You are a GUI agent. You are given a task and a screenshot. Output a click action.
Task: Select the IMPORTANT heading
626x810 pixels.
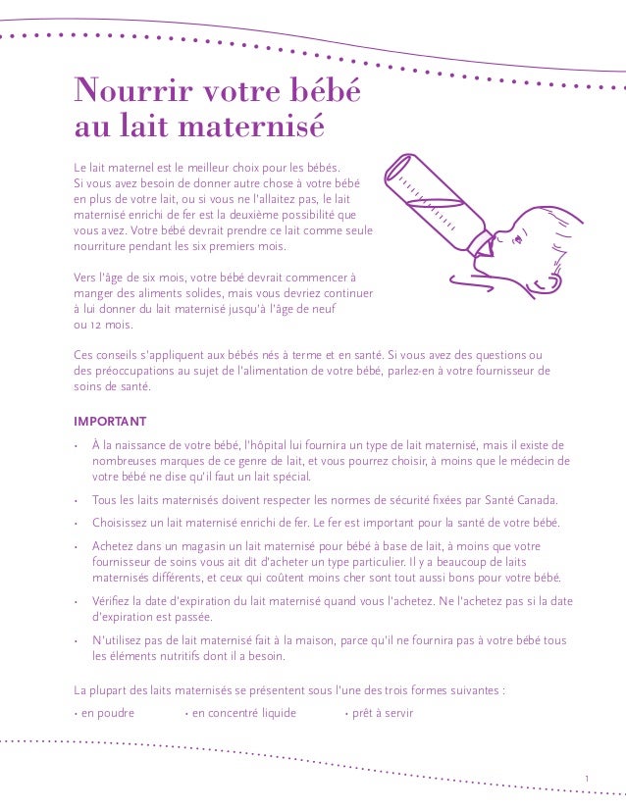[x=110, y=422]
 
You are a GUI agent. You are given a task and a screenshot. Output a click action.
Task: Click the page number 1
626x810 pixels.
[x=585, y=780]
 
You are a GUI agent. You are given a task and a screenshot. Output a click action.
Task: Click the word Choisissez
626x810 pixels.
[x=126, y=522]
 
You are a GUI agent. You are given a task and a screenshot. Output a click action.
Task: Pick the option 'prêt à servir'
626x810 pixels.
[x=379, y=713]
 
